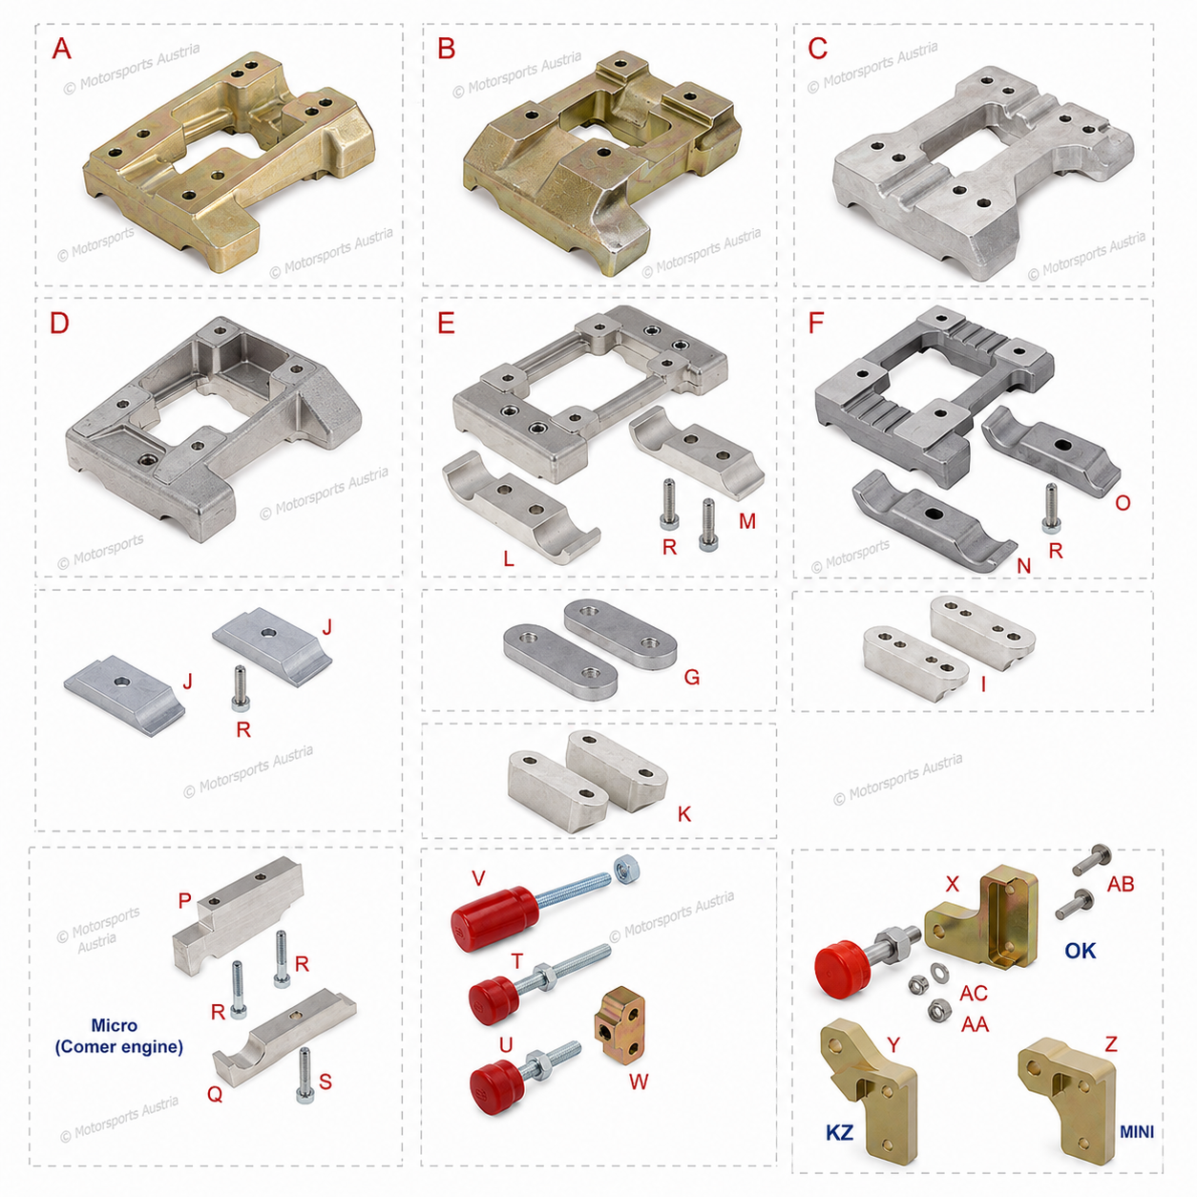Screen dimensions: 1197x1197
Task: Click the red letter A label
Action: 61,49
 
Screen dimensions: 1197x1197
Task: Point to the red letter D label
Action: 59,323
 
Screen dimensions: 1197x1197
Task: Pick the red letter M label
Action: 747,521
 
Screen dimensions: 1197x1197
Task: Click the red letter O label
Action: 1123,503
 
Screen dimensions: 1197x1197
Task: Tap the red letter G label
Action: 691,677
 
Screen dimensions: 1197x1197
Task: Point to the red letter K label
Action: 683,814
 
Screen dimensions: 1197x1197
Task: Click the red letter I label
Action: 983,683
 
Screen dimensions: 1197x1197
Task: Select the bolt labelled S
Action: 304,1075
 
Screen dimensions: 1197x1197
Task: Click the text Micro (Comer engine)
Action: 118,1037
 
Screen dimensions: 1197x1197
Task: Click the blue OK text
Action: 1080,951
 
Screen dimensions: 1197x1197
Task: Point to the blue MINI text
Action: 1136,1132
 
